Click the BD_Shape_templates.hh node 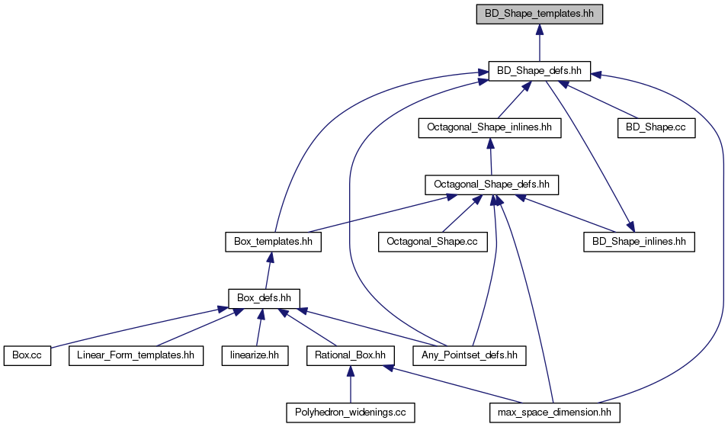(x=539, y=14)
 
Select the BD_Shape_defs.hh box (x=539, y=71)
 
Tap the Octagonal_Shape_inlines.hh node (x=489, y=128)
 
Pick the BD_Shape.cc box (x=656, y=128)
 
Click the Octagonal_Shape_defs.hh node (x=492, y=185)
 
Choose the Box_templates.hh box (x=273, y=242)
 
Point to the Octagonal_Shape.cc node (x=433, y=242)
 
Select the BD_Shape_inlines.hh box (x=639, y=242)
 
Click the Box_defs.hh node (x=264, y=299)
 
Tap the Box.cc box (x=27, y=356)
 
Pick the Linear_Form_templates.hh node (x=136, y=356)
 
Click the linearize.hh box (x=255, y=356)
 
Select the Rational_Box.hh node (x=350, y=356)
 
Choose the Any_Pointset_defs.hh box (x=470, y=356)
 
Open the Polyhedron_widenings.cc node (x=351, y=413)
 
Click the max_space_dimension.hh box (x=555, y=413)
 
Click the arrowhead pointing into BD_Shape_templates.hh (x=539, y=30)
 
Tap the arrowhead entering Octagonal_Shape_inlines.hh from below (x=490, y=143)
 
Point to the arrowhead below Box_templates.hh (x=270, y=258)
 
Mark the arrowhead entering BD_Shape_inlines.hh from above (x=630, y=226)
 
